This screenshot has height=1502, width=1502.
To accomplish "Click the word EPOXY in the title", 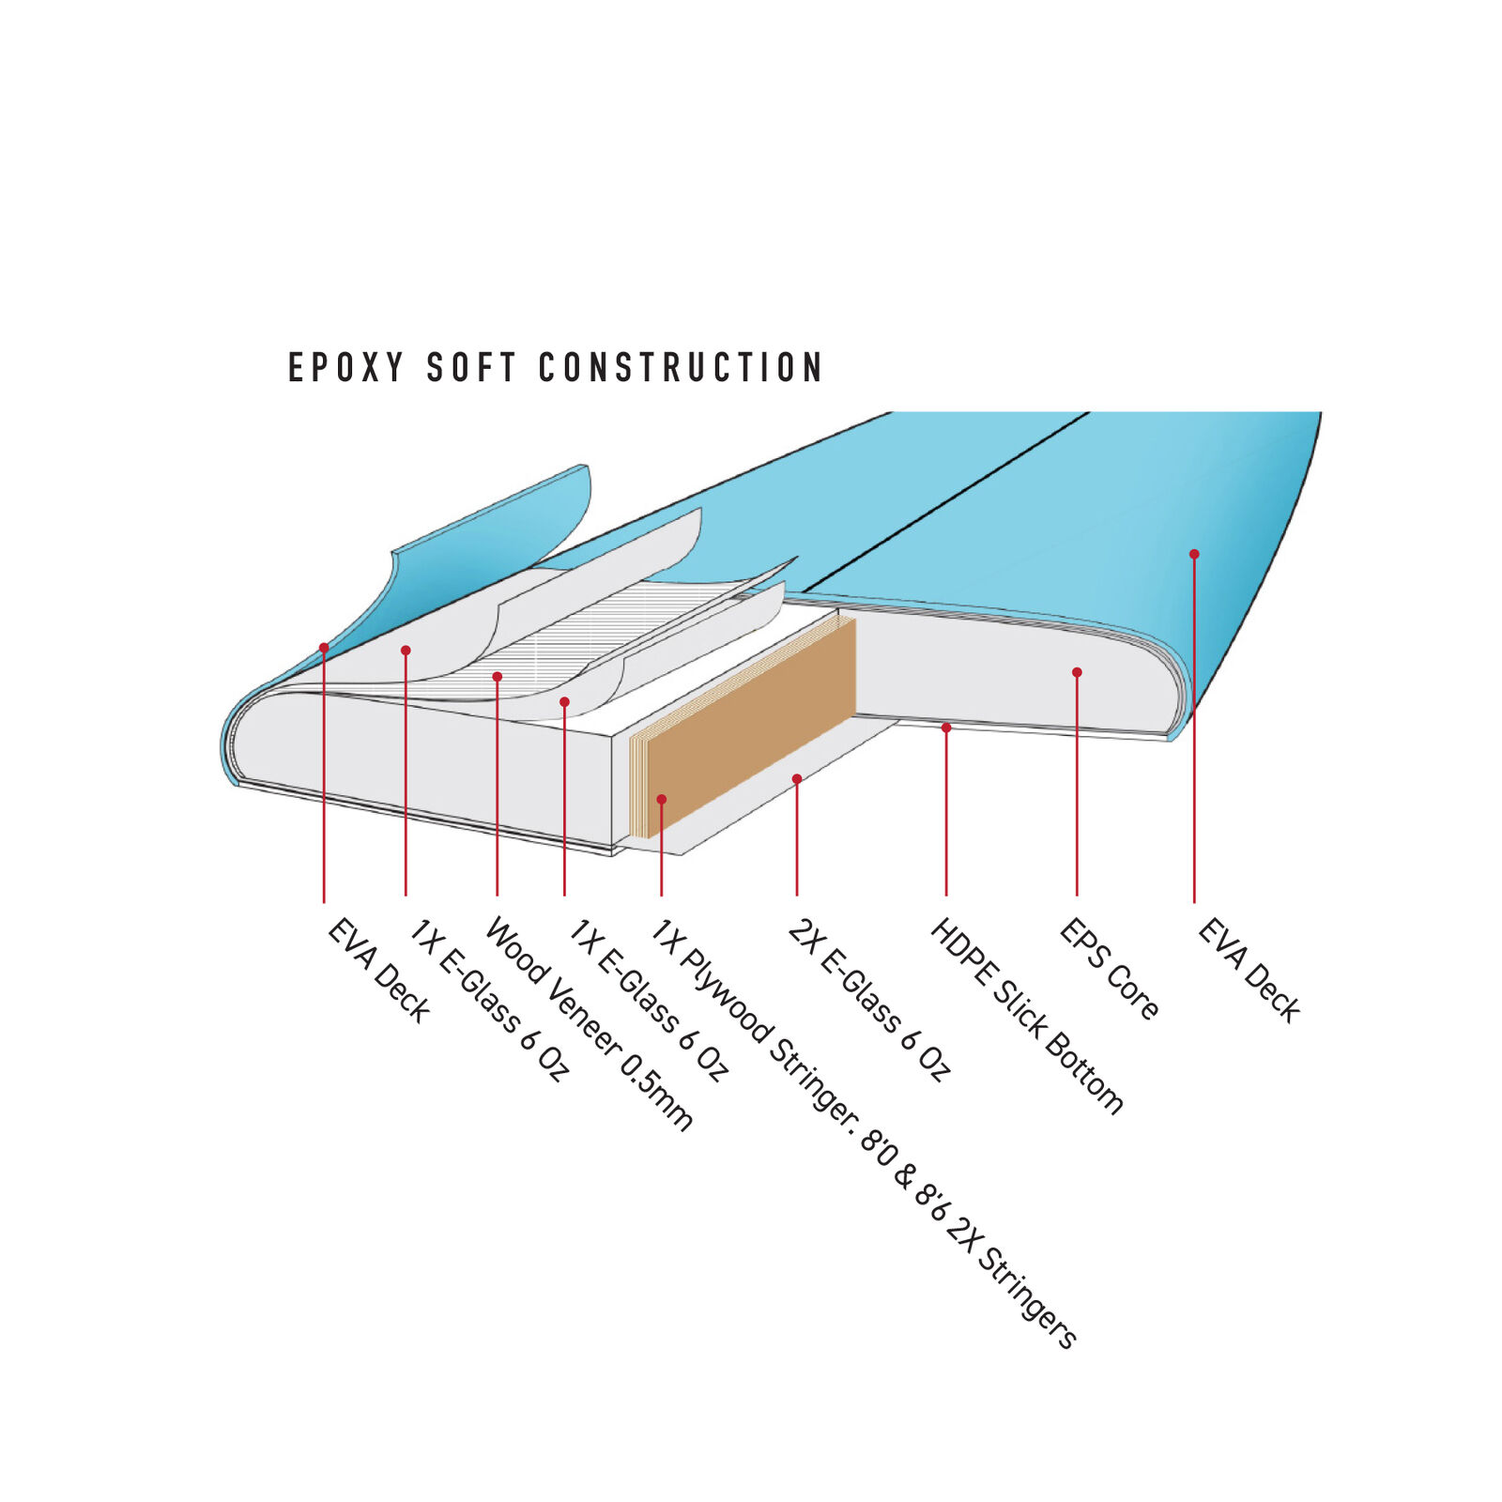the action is (x=345, y=367).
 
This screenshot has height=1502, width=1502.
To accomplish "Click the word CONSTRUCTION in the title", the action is (x=681, y=367).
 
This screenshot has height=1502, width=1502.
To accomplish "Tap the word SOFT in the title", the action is (x=471, y=367).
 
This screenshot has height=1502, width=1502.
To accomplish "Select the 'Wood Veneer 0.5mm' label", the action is (x=589, y=1024).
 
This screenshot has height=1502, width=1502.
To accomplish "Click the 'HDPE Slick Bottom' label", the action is (x=1026, y=1017).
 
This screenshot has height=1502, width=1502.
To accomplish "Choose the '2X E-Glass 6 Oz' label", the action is (x=869, y=1000).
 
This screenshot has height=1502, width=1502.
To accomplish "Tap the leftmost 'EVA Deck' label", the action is (x=378, y=971).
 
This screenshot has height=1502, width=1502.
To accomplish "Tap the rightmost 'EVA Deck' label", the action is (x=1249, y=971).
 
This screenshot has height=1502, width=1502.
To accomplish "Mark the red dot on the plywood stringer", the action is (x=662, y=800).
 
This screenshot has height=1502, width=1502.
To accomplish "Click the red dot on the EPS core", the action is (x=1077, y=672).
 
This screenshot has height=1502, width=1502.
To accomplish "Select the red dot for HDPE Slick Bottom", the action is (x=946, y=728).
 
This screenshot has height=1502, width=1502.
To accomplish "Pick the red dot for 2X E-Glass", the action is (x=797, y=779).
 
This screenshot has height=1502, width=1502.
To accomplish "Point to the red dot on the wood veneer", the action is (x=498, y=677).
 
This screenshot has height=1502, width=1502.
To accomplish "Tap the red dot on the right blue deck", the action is (x=1194, y=554).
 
